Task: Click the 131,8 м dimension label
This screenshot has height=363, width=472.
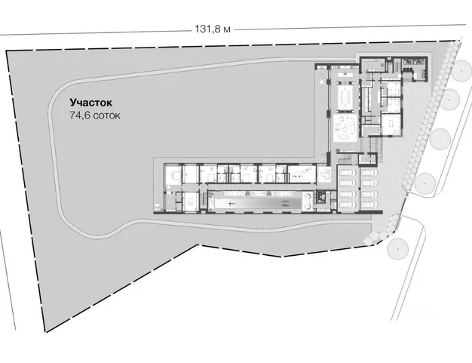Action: coord(213,29)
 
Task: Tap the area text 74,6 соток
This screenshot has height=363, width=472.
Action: coord(95,115)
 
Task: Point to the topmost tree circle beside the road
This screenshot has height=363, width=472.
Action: coord(461,70)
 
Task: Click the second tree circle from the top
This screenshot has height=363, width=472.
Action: coord(449,100)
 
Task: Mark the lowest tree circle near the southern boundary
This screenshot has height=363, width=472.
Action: coord(398,249)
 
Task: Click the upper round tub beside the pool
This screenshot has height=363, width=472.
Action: coord(308,197)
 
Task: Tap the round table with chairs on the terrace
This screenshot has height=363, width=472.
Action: coord(322,82)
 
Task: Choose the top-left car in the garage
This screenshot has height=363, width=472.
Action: coord(347,173)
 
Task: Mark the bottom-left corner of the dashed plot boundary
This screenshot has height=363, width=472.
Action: coord(46,332)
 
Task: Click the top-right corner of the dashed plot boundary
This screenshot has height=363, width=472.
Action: coord(455,40)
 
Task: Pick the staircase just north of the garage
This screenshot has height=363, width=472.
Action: coord(345,158)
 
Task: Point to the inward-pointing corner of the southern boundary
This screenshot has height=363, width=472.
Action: coord(198,245)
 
